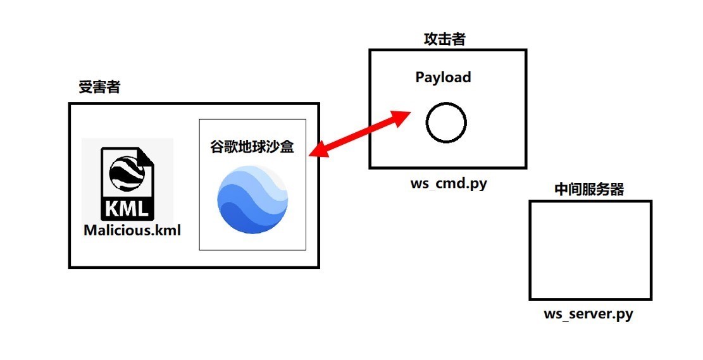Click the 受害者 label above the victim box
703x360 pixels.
point(99,87)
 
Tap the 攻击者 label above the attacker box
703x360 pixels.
point(444,39)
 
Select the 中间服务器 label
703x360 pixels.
point(588,189)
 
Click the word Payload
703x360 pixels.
point(443,77)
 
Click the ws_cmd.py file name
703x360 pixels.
point(449,184)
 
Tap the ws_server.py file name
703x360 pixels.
point(588,314)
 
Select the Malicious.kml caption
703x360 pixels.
point(132,230)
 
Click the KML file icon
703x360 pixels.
point(127,183)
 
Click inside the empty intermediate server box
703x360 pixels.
point(590,250)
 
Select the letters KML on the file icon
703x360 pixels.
point(127,208)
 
